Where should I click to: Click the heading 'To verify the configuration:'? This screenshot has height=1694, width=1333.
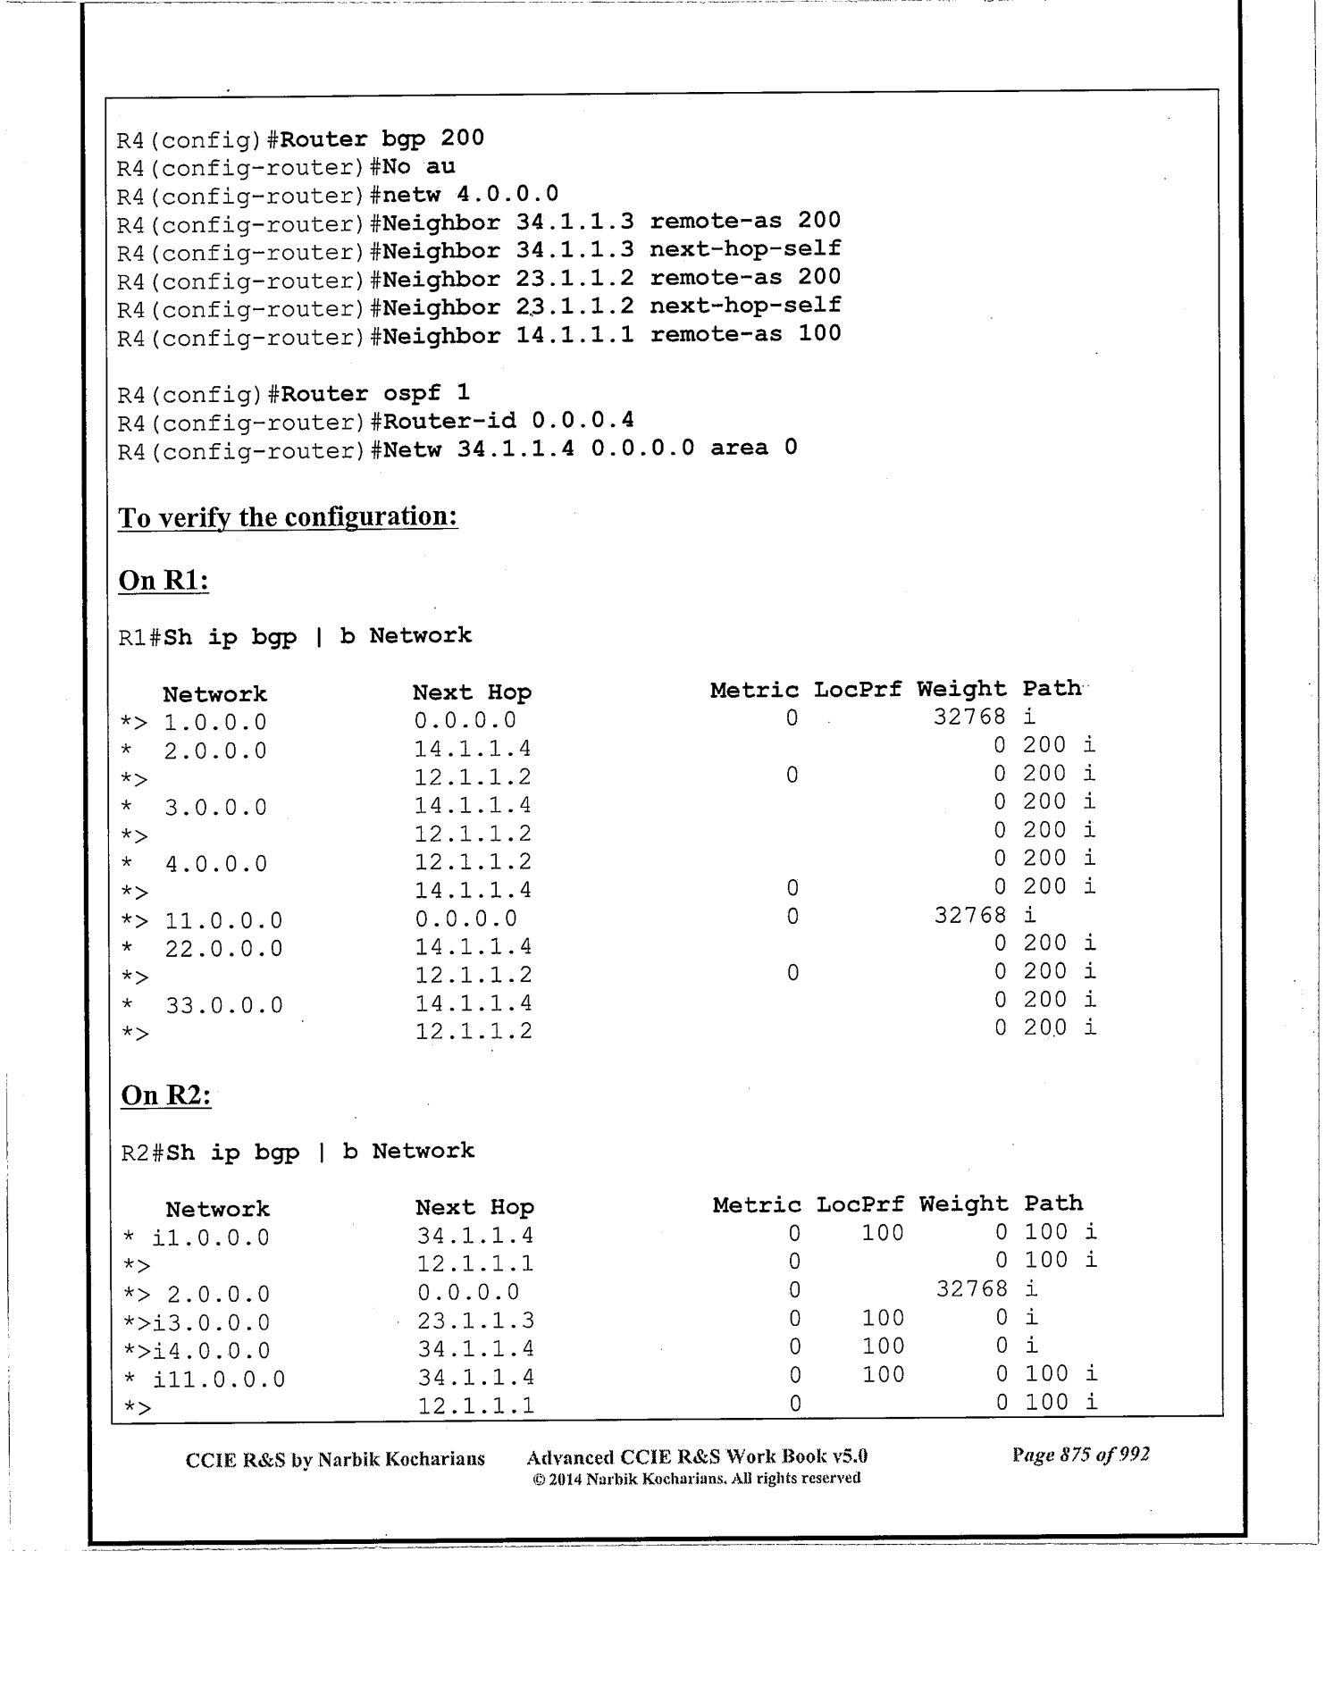pyautogui.click(x=288, y=517)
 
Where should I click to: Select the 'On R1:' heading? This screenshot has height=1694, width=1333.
pyautogui.click(x=163, y=581)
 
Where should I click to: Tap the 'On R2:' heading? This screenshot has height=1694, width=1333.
pyautogui.click(x=165, y=1095)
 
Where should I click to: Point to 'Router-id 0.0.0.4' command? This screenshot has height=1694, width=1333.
pyautogui.click(x=508, y=420)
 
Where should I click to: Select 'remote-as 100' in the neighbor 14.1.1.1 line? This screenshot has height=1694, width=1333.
pyautogui.click(x=745, y=334)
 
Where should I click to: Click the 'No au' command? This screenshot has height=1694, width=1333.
pyautogui.click(x=419, y=166)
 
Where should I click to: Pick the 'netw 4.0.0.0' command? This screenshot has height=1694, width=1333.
pyautogui.click(x=471, y=194)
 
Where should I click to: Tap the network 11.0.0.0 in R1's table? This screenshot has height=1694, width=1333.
pyautogui.click(x=223, y=920)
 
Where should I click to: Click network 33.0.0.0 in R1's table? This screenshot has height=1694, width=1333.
pyautogui.click(x=224, y=1005)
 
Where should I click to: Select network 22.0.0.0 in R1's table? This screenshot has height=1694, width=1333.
pyautogui.click(x=223, y=949)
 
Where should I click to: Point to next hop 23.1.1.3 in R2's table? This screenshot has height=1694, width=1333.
pyautogui.click(x=475, y=1321)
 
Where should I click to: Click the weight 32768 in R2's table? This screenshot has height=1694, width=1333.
pyautogui.click(x=972, y=1288)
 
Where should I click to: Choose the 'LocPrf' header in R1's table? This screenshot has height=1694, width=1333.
pyautogui.click(x=857, y=690)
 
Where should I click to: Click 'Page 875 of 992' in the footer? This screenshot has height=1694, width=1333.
pyautogui.click(x=1080, y=1455)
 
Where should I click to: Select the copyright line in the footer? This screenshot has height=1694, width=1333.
pyautogui.click(x=696, y=1479)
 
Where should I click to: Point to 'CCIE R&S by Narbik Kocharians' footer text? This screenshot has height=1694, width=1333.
pyautogui.click(x=335, y=1459)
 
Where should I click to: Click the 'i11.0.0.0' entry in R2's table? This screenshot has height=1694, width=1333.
pyautogui.click(x=219, y=1379)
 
